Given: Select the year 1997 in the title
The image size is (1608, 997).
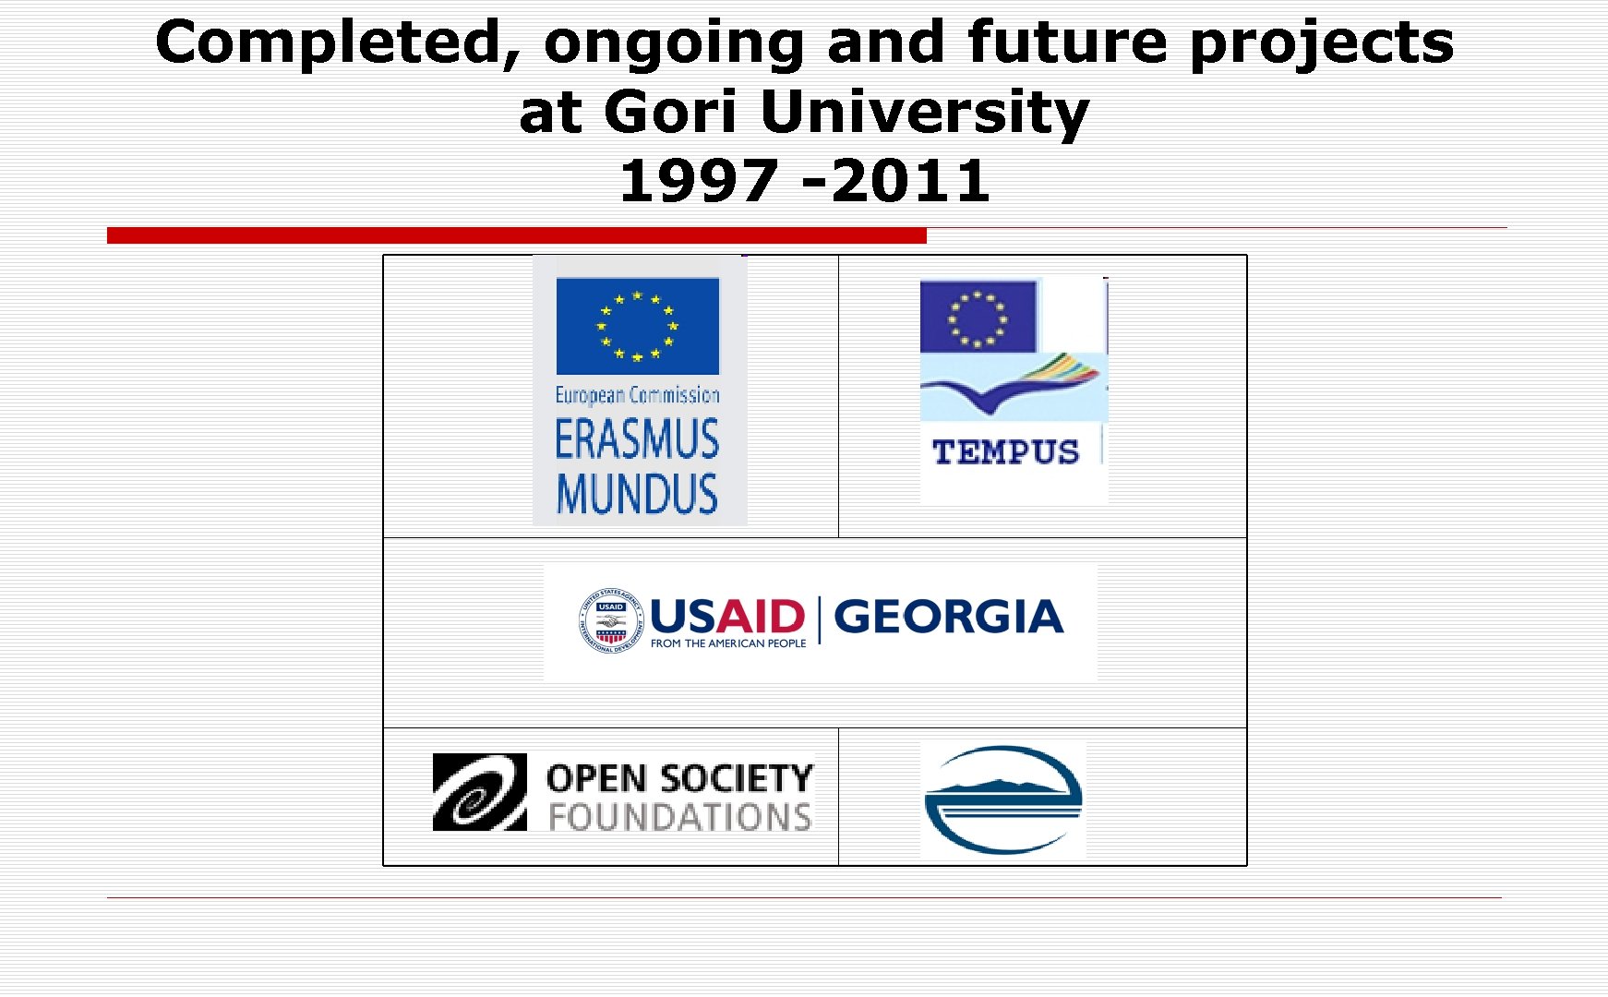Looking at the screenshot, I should point(699,181).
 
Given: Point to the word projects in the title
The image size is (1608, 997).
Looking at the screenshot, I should point(1321,43).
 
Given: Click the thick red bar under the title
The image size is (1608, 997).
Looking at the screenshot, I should point(516,235).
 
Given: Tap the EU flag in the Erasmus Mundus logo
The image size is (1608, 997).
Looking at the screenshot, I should point(637,326).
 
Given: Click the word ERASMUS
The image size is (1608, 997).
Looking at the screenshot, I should point(637,439).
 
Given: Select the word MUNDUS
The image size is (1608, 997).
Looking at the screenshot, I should point(637,494).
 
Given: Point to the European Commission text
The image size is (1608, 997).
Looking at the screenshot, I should point(637,395).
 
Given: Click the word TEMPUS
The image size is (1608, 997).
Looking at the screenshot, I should point(1005,452).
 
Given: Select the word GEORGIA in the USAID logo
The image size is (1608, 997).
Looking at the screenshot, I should point(948,617).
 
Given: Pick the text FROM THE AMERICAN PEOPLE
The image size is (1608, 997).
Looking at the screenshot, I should point(727,643).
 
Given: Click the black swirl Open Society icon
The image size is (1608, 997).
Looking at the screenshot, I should point(479,792).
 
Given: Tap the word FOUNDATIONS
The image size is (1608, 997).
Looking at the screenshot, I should point(680,817).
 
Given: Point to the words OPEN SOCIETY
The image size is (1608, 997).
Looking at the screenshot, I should point(680,778).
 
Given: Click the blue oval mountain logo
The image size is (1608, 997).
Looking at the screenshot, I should point(1003,799).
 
